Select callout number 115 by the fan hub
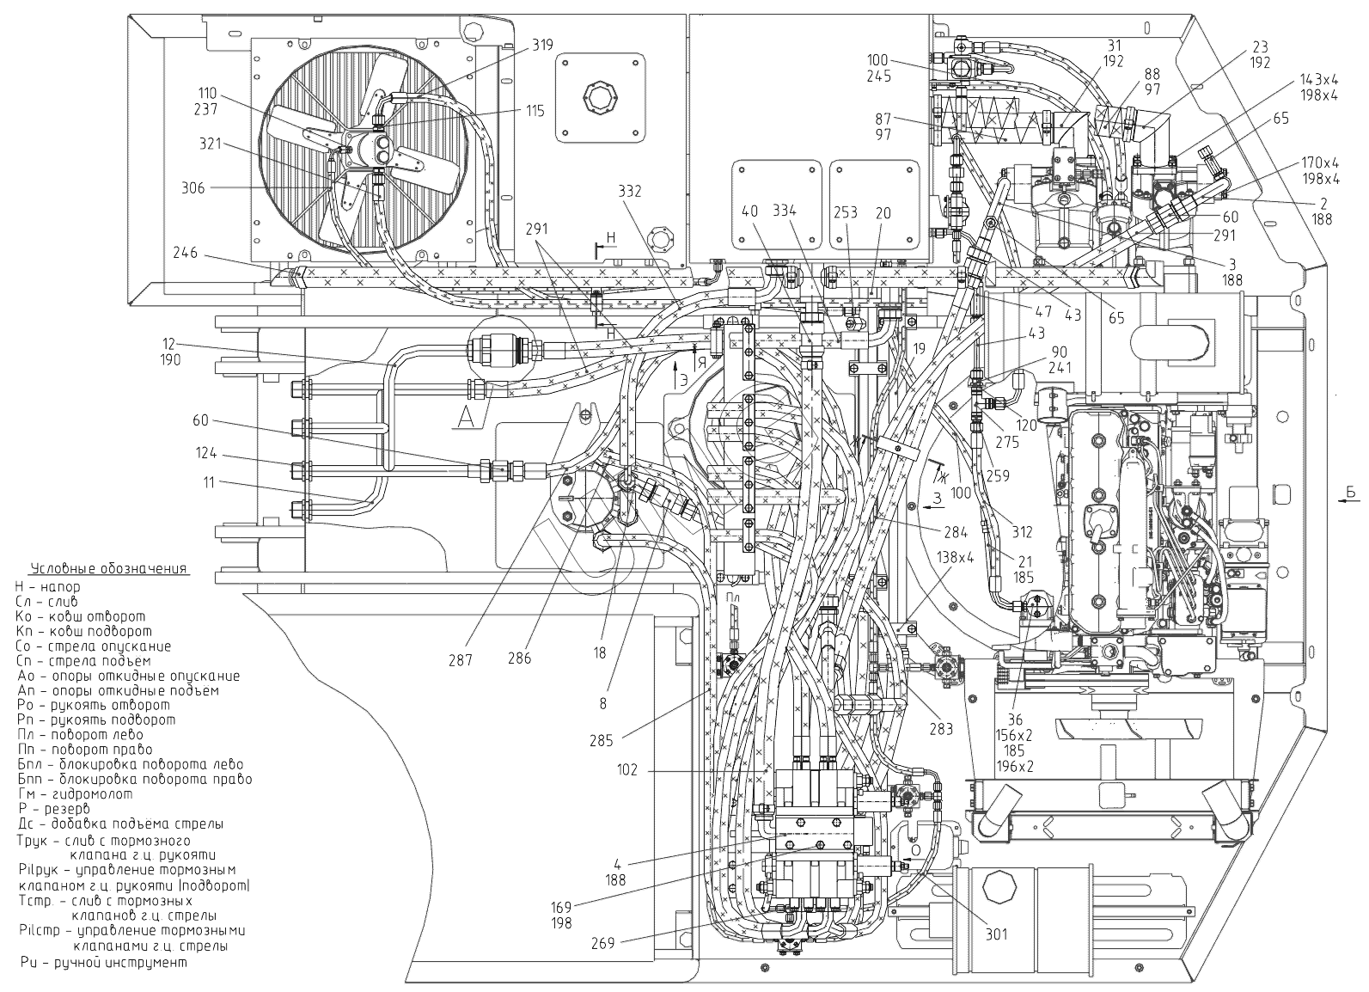[535, 111]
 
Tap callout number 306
[193, 188]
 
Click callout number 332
[629, 191]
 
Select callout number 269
[602, 943]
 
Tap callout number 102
[627, 770]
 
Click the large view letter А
[465, 416]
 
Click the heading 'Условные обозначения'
[108, 570]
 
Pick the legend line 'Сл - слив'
[58, 602]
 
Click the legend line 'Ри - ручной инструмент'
[101, 963]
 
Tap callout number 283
[941, 730]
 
